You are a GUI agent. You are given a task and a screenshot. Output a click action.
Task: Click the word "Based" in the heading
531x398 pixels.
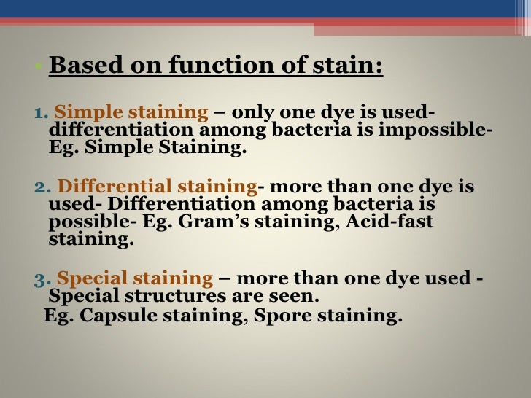[x=79, y=66]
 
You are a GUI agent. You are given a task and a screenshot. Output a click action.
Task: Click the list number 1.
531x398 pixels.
[x=40, y=114]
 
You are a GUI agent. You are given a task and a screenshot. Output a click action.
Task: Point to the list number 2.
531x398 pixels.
[x=41, y=187]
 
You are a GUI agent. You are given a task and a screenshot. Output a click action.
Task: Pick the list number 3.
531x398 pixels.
[x=41, y=279]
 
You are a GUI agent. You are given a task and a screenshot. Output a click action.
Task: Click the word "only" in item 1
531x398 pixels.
[x=255, y=112]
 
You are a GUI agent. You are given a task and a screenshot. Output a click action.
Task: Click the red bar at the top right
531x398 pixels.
[x=422, y=28]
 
